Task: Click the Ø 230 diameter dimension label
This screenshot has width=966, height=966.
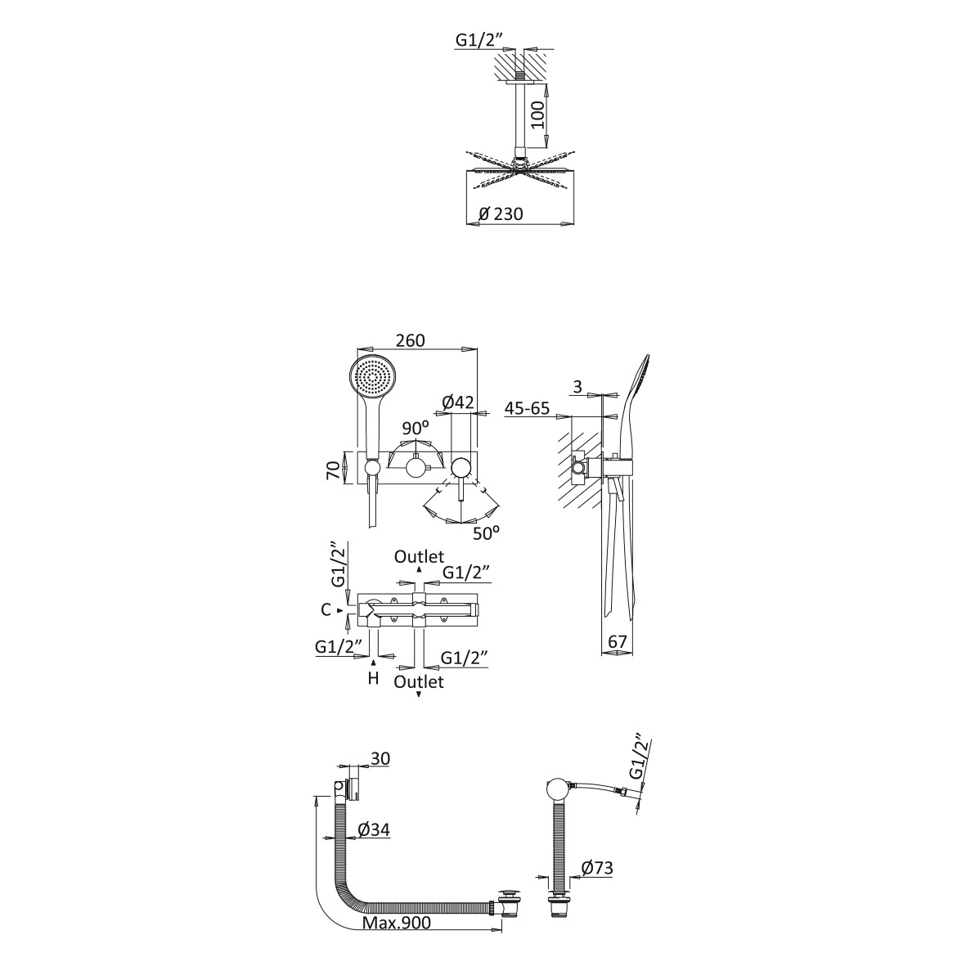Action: [501, 213]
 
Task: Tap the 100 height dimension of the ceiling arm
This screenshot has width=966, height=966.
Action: [538, 115]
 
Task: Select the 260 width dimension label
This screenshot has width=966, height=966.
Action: [411, 340]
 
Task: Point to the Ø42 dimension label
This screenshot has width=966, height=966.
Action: [458, 402]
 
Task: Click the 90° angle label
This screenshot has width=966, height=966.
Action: [416, 428]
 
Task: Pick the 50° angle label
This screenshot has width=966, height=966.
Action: [486, 533]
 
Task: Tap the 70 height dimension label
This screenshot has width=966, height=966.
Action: [333, 470]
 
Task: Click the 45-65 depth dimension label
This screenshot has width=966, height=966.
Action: [527, 408]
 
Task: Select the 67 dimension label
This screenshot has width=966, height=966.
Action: [618, 641]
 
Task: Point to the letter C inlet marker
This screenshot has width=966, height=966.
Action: [326, 610]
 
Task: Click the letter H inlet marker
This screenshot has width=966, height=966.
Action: [373, 679]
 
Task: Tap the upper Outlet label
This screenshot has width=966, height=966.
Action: [419, 557]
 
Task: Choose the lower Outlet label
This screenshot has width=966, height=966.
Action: [419, 682]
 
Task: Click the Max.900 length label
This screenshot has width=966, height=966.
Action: [397, 923]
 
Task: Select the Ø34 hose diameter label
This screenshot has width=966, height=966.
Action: [373, 830]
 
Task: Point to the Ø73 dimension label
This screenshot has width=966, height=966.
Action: [597, 868]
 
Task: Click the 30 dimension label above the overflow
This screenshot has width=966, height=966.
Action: [380, 758]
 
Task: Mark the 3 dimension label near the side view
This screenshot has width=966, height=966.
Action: [577, 387]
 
